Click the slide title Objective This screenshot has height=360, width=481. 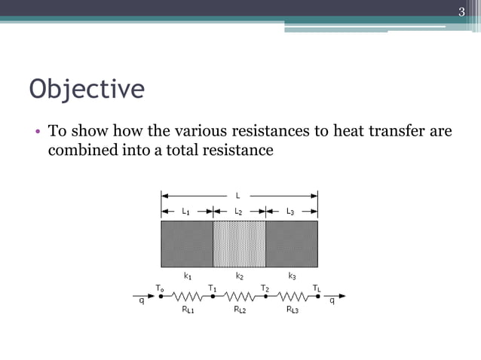[x=87, y=89]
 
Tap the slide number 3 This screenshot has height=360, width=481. [x=462, y=11]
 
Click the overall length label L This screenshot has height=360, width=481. [x=239, y=196]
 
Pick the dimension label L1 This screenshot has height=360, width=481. [x=186, y=212]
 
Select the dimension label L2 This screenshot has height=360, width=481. [x=238, y=212]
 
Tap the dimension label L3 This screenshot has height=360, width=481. [x=291, y=212]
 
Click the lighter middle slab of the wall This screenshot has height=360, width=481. [x=239, y=243]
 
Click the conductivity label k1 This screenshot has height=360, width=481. [x=187, y=276]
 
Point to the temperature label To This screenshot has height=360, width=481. [x=159, y=288]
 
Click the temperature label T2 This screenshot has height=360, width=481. [x=265, y=288]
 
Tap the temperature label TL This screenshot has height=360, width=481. [x=317, y=288]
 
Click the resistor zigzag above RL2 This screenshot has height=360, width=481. [x=239, y=297]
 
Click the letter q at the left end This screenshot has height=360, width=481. [x=141, y=303]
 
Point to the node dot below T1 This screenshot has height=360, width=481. [x=213, y=297]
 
